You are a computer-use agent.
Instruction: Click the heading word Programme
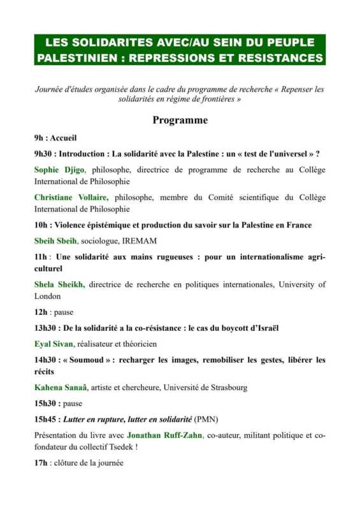coord(180,120)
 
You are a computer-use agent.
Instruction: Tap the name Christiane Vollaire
coord(71,198)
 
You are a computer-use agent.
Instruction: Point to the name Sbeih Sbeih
coord(54,240)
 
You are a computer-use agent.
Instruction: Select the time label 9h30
coord(45,154)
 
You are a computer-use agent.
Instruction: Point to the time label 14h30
coord(47,360)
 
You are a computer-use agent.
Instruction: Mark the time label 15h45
coord(47,419)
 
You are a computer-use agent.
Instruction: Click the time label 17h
coord(41,462)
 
